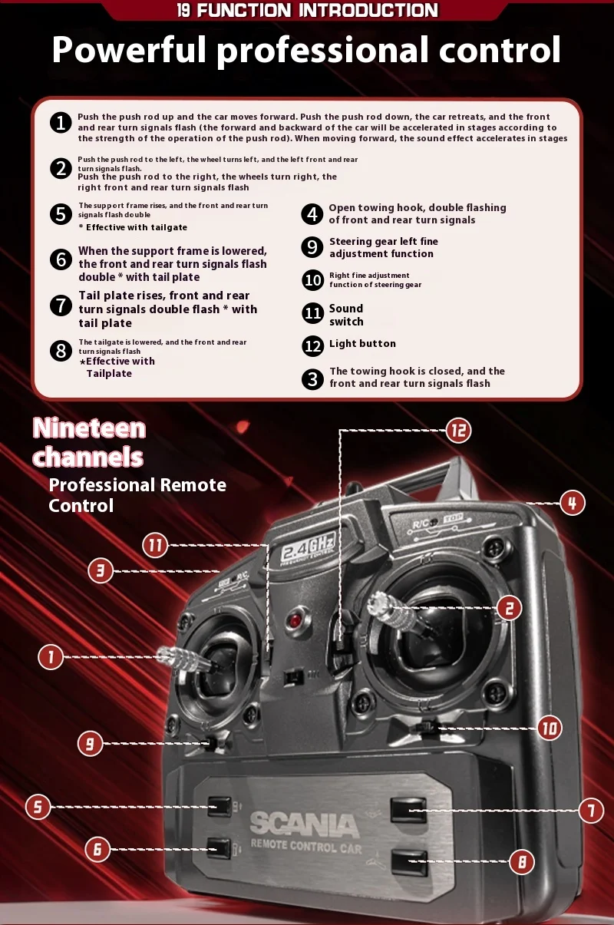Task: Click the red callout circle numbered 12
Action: coord(458,431)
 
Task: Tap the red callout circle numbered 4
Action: coord(572,503)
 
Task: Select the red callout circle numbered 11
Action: coord(156,546)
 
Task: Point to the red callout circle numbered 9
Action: coord(90,743)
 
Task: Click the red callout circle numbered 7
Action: coord(591,810)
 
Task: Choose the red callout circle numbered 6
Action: coord(97,848)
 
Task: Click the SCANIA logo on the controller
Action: coord(304,825)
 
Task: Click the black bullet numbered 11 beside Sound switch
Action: coord(312,313)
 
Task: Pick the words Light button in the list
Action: coord(362,344)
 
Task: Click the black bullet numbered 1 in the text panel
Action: coord(61,123)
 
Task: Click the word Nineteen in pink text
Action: coord(89,428)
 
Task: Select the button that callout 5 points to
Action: coord(220,806)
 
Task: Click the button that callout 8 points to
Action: coord(408,861)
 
